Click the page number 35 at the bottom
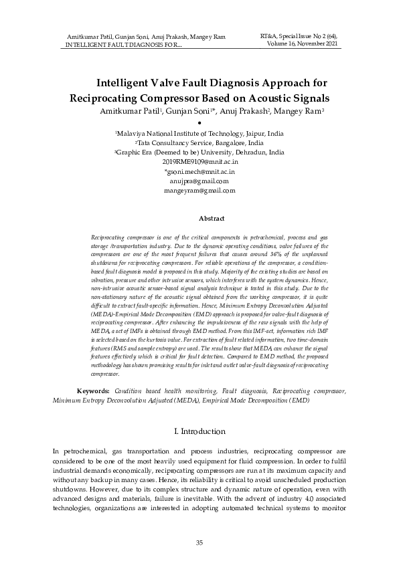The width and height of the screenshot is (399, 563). coord(199,542)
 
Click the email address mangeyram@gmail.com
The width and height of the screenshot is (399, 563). coord(199,191)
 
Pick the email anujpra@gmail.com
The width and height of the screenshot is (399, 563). coord(199,181)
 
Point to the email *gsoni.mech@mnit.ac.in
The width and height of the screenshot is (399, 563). coord(199,172)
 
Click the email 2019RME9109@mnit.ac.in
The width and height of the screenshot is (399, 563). coord(199,162)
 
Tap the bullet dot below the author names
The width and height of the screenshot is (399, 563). coord(199,123)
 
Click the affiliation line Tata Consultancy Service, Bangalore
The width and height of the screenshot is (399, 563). coord(199,143)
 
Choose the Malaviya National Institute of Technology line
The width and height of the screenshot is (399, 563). coord(199,134)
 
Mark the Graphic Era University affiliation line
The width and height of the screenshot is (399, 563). coord(199,152)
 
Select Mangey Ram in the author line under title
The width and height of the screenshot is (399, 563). coord(302,111)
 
